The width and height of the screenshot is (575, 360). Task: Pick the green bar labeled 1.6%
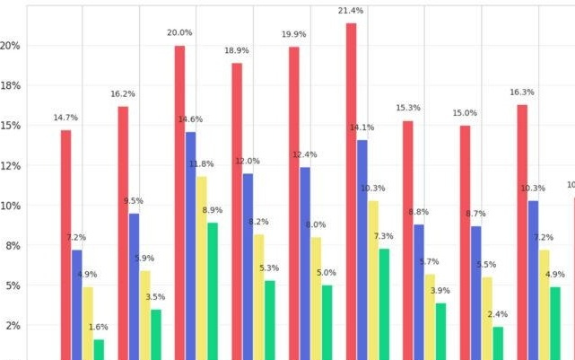pyautogui.click(x=99, y=348)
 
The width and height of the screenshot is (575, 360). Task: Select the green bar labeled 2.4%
pyautogui.click(x=498, y=342)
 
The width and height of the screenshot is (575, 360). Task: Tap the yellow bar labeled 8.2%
pyautogui.click(x=258, y=296)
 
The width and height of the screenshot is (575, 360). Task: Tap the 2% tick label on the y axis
pyautogui.click(x=13, y=326)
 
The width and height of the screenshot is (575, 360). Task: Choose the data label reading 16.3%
pyautogui.click(x=522, y=92)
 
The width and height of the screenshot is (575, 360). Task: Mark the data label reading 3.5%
pyautogui.click(x=155, y=297)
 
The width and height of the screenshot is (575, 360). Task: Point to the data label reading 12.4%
pyautogui.click(x=304, y=155)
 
